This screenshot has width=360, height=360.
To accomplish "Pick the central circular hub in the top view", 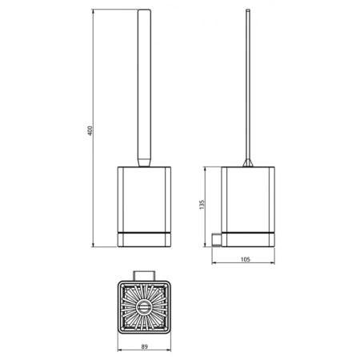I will pyautogui.click(x=145, y=308).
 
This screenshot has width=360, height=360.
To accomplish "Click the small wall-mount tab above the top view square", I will pyautogui.click(x=145, y=275).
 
